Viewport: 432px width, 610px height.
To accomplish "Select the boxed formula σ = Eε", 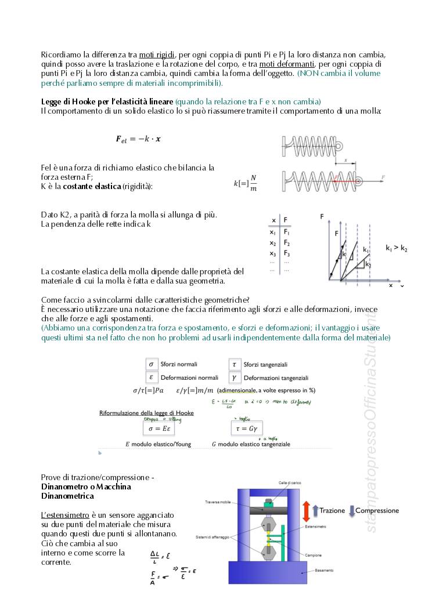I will pos(159,430).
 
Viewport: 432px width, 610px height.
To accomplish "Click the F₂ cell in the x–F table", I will pos(287,243).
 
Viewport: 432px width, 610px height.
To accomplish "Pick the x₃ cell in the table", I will pos(272,253).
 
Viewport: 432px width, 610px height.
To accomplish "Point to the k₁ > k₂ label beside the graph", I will pos(397,248).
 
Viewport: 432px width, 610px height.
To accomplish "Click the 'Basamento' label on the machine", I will pos(324,571).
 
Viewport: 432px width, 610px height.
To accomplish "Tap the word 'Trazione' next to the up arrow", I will pos(332,511).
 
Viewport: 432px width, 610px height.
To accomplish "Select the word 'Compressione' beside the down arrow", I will pos(377,511).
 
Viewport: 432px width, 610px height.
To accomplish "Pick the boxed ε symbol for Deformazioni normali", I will pos(151,377).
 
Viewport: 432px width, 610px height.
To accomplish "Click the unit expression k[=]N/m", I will pos(245,184).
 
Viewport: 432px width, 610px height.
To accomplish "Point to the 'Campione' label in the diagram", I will pos(314,555).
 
